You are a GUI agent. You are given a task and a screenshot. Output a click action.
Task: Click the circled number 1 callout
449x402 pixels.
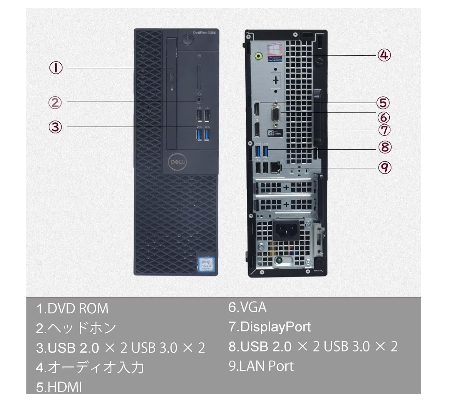point(56,68)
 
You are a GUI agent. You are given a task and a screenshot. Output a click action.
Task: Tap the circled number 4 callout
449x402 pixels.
point(384,55)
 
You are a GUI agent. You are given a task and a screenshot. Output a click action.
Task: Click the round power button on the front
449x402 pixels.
point(188,38)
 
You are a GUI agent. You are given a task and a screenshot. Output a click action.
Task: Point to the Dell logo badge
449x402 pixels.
point(177,161)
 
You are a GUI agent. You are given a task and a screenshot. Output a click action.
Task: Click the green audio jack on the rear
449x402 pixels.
point(259,56)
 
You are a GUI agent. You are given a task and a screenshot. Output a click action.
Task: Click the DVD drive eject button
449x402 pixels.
point(172,78)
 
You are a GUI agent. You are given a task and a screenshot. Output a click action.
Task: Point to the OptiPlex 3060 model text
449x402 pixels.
point(205,33)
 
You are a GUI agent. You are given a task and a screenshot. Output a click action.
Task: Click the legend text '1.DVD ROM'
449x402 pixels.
point(72,308)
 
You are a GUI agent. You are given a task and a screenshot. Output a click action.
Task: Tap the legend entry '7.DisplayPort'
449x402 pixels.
point(270,326)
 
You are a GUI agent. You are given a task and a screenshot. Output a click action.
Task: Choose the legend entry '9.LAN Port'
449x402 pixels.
point(261,366)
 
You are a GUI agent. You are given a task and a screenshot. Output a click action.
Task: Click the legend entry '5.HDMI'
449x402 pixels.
point(59,387)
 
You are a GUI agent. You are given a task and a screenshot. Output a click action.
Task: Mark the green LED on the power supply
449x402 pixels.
point(279,261)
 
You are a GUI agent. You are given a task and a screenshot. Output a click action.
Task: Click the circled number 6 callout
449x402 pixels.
point(384,118)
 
